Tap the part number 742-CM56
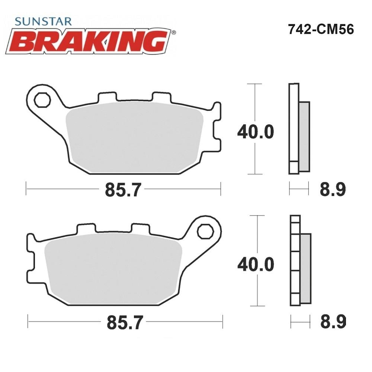click(x=321, y=30)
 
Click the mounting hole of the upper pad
click(x=42, y=100)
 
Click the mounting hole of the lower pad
click(x=205, y=231)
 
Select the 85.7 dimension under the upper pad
click(x=123, y=190)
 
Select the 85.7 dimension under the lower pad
click(x=125, y=322)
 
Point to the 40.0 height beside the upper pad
click(x=256, y=132)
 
